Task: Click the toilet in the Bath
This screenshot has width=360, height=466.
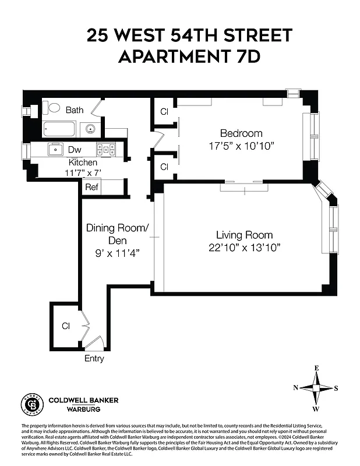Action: pyautogui.click(x=53, y=108)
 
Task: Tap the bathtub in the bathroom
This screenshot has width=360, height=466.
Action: pyautogui.click(x=59, y=128)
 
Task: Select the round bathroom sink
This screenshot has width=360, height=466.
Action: pyautogui.click(x=90, y=128)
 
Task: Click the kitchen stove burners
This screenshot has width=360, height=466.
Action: pyautogui.click(x=105, y=149)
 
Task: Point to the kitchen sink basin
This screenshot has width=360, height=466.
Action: pyautogui.click(x=56, y=149)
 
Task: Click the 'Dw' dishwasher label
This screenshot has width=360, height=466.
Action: pyautogui.click(x=75, y=150)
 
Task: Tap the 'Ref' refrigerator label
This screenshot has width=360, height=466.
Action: pyautogui.click(x=91, y=187)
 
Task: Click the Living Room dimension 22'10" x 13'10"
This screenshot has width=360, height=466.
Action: pyautogui.click(x=244, y=248)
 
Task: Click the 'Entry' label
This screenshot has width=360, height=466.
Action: pyautogui.click(x=94, y=358)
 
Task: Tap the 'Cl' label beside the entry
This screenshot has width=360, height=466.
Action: pyautogui.click(x=66, y=326)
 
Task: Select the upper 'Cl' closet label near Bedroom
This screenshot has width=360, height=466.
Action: pyautogui.click(x=164, y=111)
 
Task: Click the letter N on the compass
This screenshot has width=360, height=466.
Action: pyautogui.click(x=296, y=388)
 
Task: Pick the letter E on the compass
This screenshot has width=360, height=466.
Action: pyautogui.click(x=317, y=368)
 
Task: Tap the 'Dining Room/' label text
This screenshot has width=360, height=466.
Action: pyautogui.click(x=117, y=228)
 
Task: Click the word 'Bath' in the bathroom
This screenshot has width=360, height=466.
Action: pyautogui.click(x=75, y=110)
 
